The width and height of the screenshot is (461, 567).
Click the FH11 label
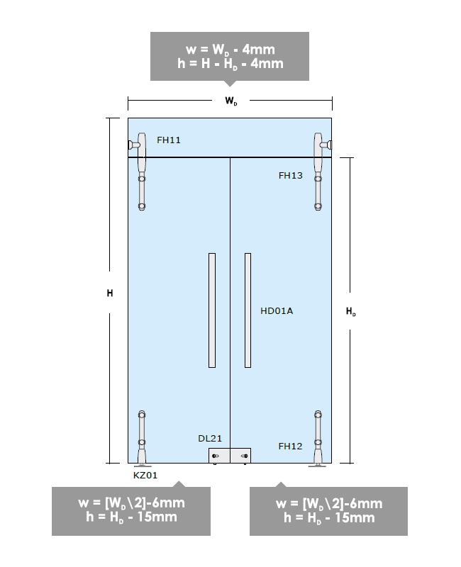(168, 140)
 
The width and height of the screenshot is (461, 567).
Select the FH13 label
(290, 175)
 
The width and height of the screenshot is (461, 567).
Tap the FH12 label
(290, 447)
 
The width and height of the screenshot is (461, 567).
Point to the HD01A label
(277, 311)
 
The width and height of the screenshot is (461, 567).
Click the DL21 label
(210, 438)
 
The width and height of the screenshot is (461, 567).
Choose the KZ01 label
(145, 475)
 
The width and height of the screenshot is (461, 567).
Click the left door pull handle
(212, 310)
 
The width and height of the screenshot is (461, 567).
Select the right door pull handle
(248, 310)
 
